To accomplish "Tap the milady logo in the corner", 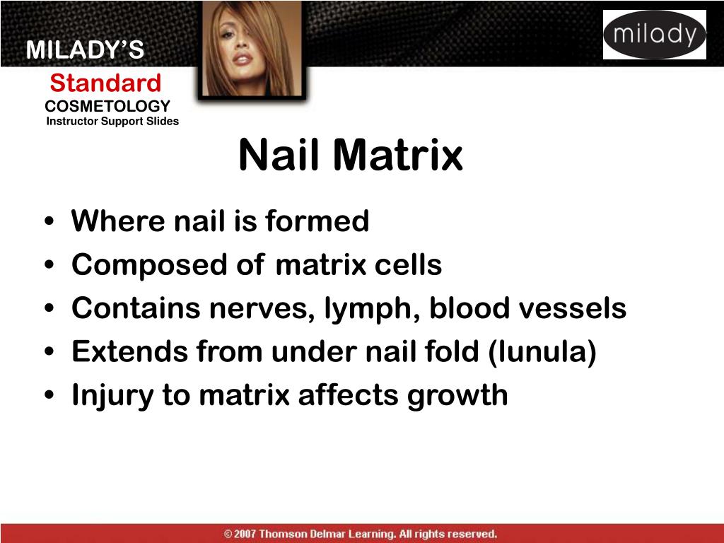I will tap(654, 35).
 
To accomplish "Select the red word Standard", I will tap(105, 83).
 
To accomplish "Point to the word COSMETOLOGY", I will tap(107, 106).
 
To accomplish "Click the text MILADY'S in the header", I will tap(85, 50).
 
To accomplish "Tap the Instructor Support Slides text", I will tap(112, 122).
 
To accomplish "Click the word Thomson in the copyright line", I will tap(284, 534).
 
